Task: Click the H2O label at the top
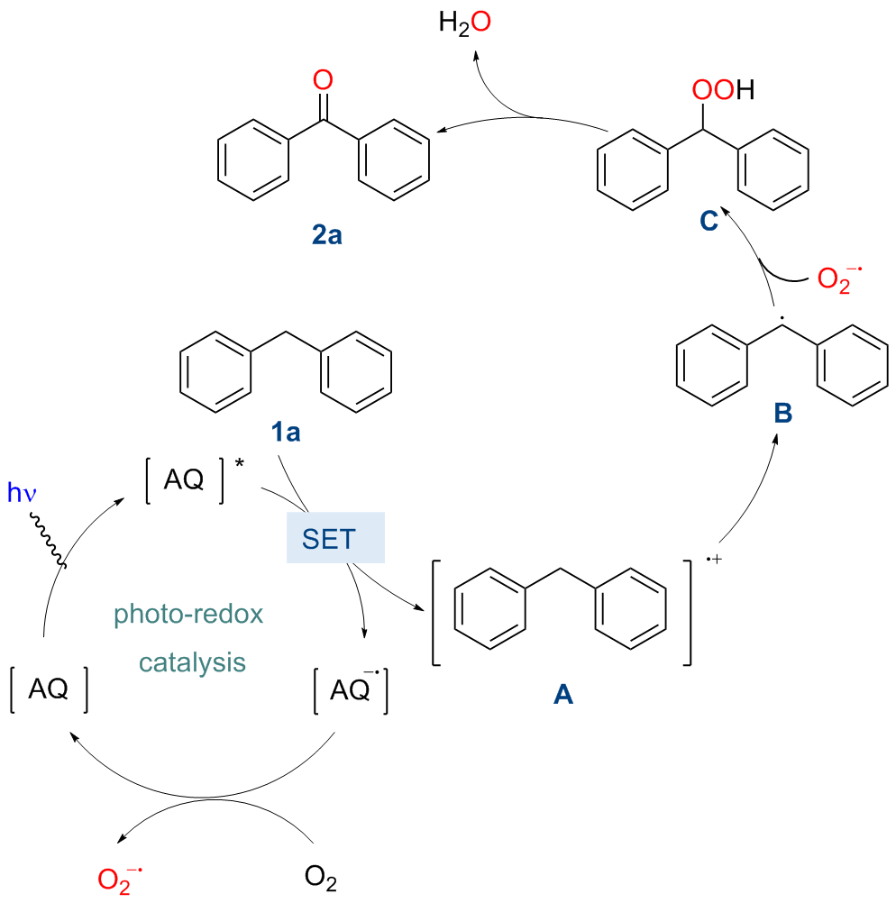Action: pyautogui.click(x=464, y=23)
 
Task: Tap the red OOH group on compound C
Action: pyautogui.click(x=720, y=91)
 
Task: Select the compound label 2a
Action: pyautogui.click(x=322, y=238)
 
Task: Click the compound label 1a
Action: pyautogui.click(x=286, y=433)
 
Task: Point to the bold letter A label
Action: pyautogui.click(x=562, y=694)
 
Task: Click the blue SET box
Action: pyautogui.click(x=335, y=539)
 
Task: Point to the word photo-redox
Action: pyautogui.click(x=188, y=616)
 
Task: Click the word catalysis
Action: pyautogui.click(x=192, y=662)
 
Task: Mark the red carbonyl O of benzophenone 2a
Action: pyautogui.click(x=322, y=81)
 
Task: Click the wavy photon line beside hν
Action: pyautogui.click(x=47, y=539)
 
